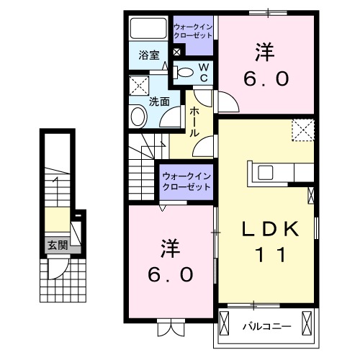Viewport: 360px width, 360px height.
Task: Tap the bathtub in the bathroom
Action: pyautogui.click(x=148, y=30)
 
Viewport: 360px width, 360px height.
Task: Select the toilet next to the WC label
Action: pyautogui.click(x=186, y=71)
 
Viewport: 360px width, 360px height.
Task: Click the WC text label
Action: pyautogui.click(x=204, y=71)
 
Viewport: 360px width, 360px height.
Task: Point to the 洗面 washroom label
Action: pyautogui.click(x=159, y=102)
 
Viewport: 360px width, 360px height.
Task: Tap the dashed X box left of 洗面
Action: pyautogui.click(x=138, y=87)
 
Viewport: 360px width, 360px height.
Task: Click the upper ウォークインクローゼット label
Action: pyautogui.click(x=193, y=32)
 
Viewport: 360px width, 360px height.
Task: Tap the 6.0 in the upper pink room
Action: pyautogui.click(x=264, y=78)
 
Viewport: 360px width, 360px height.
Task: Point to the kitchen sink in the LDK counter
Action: pyautogui.click(x=264, y=172)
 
